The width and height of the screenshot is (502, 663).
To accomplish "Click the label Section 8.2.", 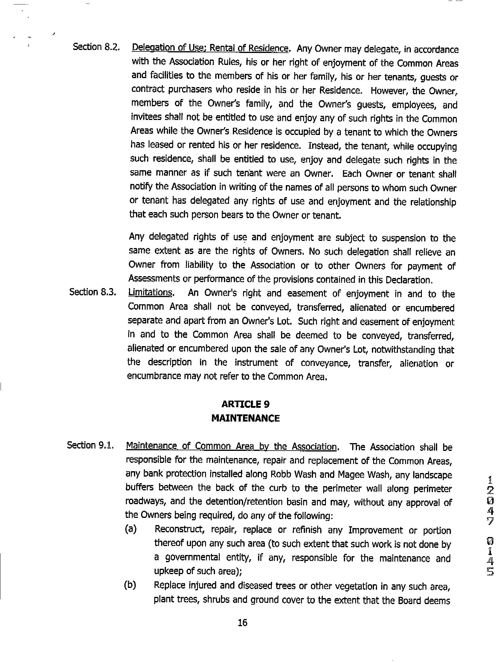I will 97,47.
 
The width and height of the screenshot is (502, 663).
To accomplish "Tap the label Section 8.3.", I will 93,292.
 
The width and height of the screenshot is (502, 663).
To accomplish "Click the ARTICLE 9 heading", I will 245,404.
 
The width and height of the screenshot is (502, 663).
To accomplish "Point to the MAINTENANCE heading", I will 245,418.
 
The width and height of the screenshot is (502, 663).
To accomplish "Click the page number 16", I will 242,623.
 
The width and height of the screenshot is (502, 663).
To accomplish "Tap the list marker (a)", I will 131,529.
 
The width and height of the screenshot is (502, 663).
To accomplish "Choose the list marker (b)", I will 130,585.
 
